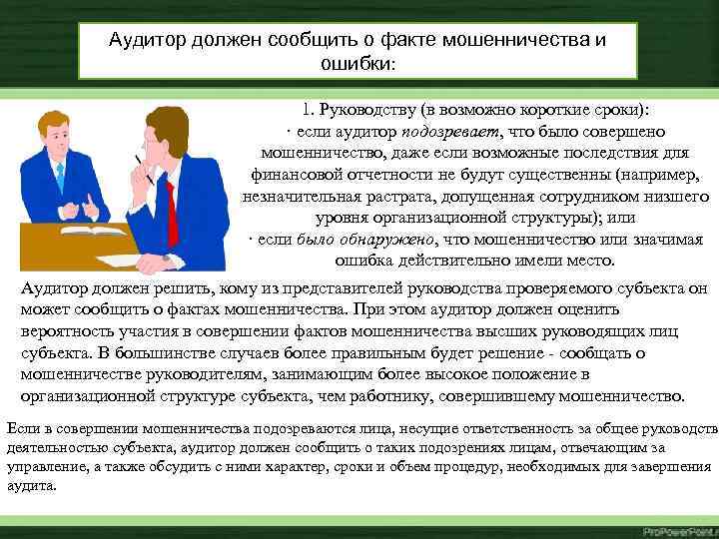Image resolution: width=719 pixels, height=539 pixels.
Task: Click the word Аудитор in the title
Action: click(150, 39)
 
